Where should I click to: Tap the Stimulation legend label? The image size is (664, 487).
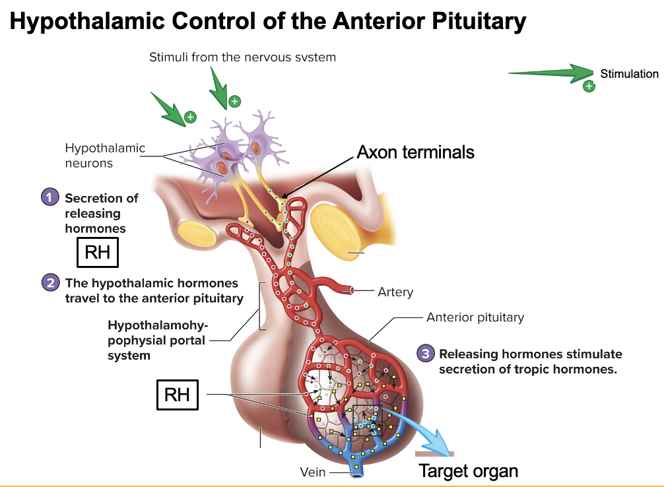point(629,74)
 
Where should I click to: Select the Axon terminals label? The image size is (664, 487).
point(415,152)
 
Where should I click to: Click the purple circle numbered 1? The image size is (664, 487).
point(49,197)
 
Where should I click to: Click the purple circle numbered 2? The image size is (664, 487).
point(50,283)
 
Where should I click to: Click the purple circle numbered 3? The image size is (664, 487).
point(426,354)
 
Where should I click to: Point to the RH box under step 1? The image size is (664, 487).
point(98,251)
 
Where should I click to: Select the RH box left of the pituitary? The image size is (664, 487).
point(177,395)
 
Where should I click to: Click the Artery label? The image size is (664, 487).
point(395,292)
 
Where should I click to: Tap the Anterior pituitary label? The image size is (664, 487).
point(475,317)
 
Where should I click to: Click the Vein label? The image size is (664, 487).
point(313,472)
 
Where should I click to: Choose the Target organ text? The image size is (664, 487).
point(469,471)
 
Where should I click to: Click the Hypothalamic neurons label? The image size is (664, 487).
point(105,155)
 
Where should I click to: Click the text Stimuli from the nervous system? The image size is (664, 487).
point(242,57)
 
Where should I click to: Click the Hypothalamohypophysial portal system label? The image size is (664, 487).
point(158,341)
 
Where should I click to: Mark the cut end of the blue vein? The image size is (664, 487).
point(356,473)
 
